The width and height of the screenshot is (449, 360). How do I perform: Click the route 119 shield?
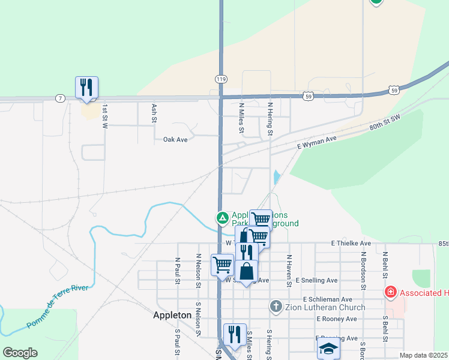click(x=221, y=79)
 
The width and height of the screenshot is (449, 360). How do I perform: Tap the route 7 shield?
click(x=59, y=97)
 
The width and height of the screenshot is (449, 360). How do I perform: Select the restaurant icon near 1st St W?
click(x=86, y=88)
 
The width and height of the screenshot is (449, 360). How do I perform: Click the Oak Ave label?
click(x=176, y=139)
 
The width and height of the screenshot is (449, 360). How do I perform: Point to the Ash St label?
click(x=154, y=113)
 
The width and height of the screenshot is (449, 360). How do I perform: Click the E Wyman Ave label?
click(x=318, y=142)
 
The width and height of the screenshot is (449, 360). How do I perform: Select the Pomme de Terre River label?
click(x=57, y=307)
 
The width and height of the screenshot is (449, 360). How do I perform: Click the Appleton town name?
click(x=172, y=315)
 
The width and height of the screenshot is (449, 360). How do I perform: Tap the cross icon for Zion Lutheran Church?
click(x=276, y=307)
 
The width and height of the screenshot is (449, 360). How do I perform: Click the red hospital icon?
click(x=391, y=292)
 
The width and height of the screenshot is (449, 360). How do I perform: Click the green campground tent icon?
click(x=222, y=217)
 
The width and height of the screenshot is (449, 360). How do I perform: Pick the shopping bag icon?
click(x=247, y=271)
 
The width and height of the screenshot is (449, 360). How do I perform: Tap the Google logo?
click(x=20, y=353)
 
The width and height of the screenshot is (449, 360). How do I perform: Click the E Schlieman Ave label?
click(x=328, y=299)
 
